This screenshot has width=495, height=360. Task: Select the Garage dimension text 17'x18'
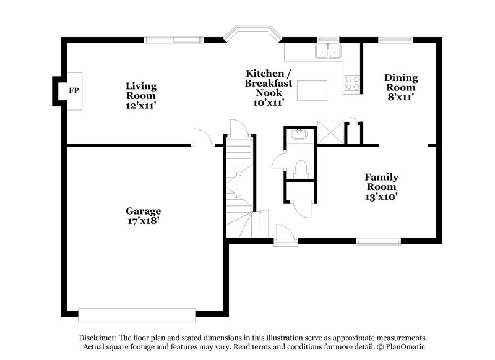[x=144, y=220]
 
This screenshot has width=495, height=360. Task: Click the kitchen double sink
[x=328, y=51]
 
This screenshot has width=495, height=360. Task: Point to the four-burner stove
[x=352, y=83]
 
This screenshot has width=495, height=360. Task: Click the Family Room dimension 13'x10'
[x=381, y=197]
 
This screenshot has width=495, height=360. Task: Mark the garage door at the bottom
[x=137, y=315]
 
